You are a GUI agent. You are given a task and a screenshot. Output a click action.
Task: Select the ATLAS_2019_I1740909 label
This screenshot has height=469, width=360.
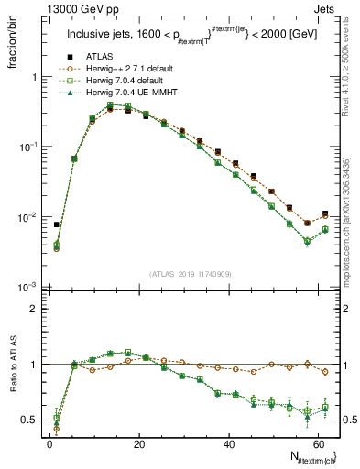click(192, 275)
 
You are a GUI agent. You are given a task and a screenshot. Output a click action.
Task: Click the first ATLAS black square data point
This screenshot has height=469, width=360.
click(57, 224)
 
